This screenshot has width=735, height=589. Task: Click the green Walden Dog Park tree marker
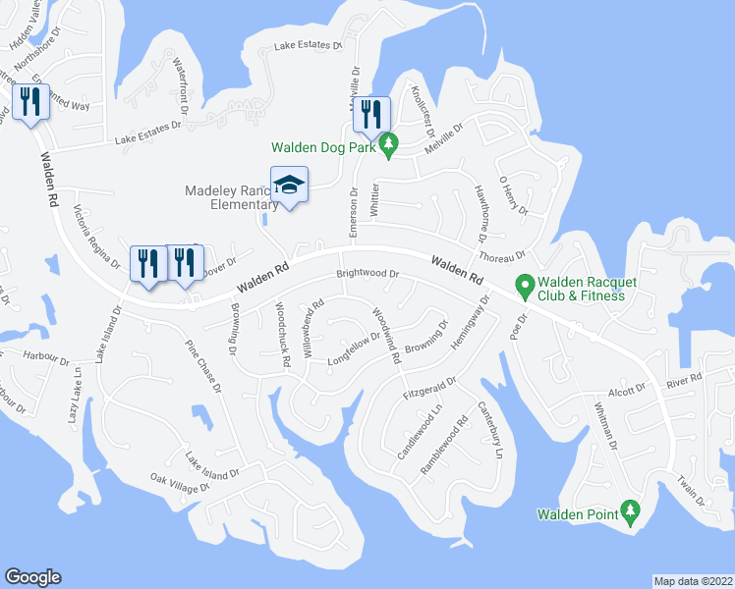pyautogui.click(x=388, y=146)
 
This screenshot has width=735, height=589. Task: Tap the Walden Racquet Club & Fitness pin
pyautogui.click(x=525, y=287)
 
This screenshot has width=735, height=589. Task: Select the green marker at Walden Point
pyautogui.click(x=629, y=511)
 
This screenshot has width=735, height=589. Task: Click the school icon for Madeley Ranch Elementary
pyautogui.click(x=290, y=185)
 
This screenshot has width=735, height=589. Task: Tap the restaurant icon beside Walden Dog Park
pyautogui.click(x=371, y=114)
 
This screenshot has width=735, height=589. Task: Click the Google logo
pyautogui.click(x=32, y=577)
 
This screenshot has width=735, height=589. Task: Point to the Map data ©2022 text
pyautogui.click(x=693, y=581)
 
